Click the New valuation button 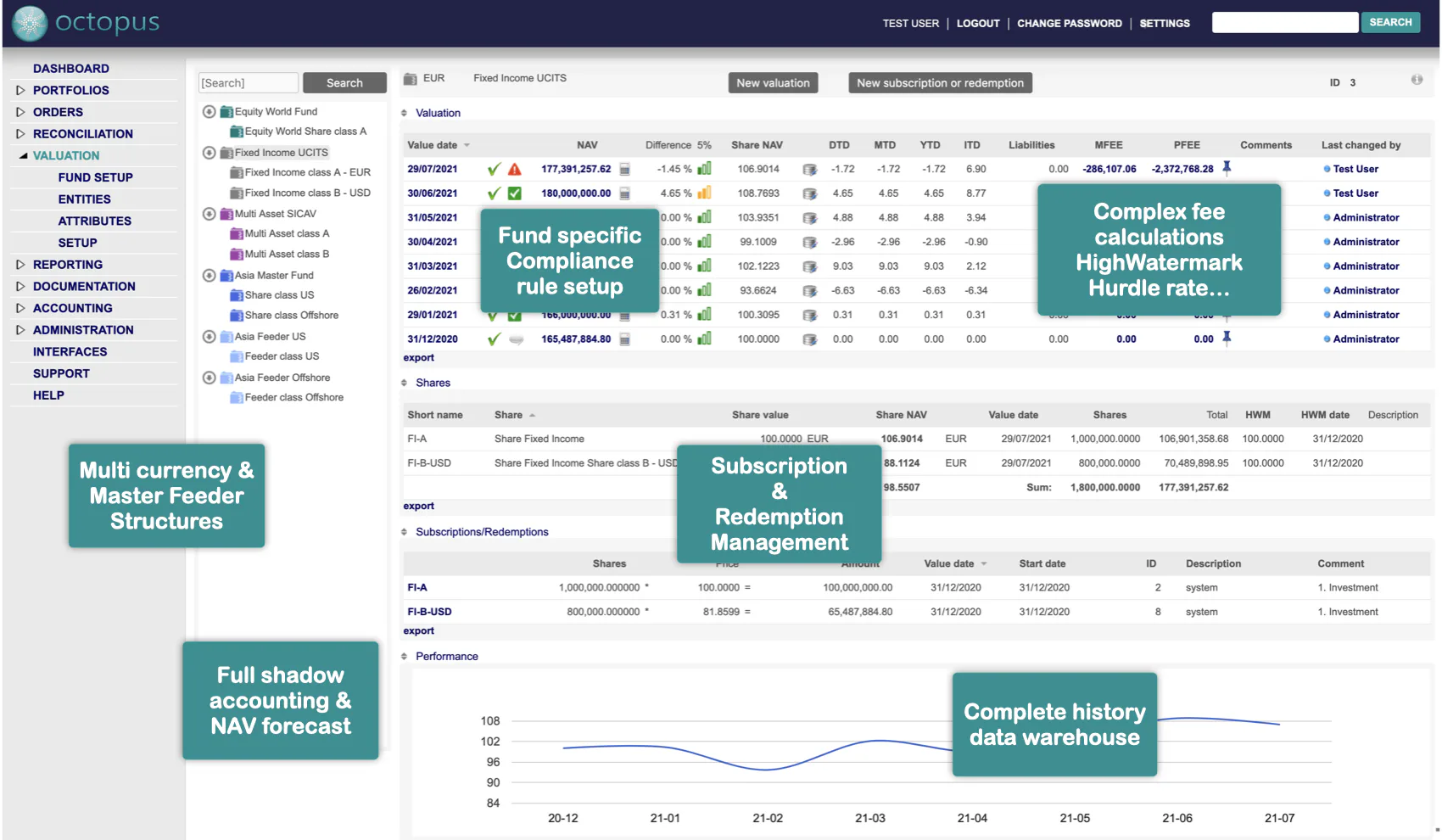pos(773,83)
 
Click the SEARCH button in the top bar pos(1390,23)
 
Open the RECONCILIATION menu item pos(82,134)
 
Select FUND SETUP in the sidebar pos(95,177)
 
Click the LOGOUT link pos(977,24)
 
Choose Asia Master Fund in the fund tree pos(273,276)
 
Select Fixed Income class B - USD pos(307,193)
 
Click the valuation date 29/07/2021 pos(432,170)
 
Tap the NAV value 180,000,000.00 pos(576,193)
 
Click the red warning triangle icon pos(515,170)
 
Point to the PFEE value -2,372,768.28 pos(1182,170)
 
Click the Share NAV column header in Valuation pos(757,145)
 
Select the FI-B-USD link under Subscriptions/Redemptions pos(429,612)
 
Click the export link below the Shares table pos(418,507)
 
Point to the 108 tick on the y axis pos(490,721)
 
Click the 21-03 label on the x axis pos(869,819)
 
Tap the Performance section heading pos(446,657)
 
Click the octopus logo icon pos(30,23)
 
